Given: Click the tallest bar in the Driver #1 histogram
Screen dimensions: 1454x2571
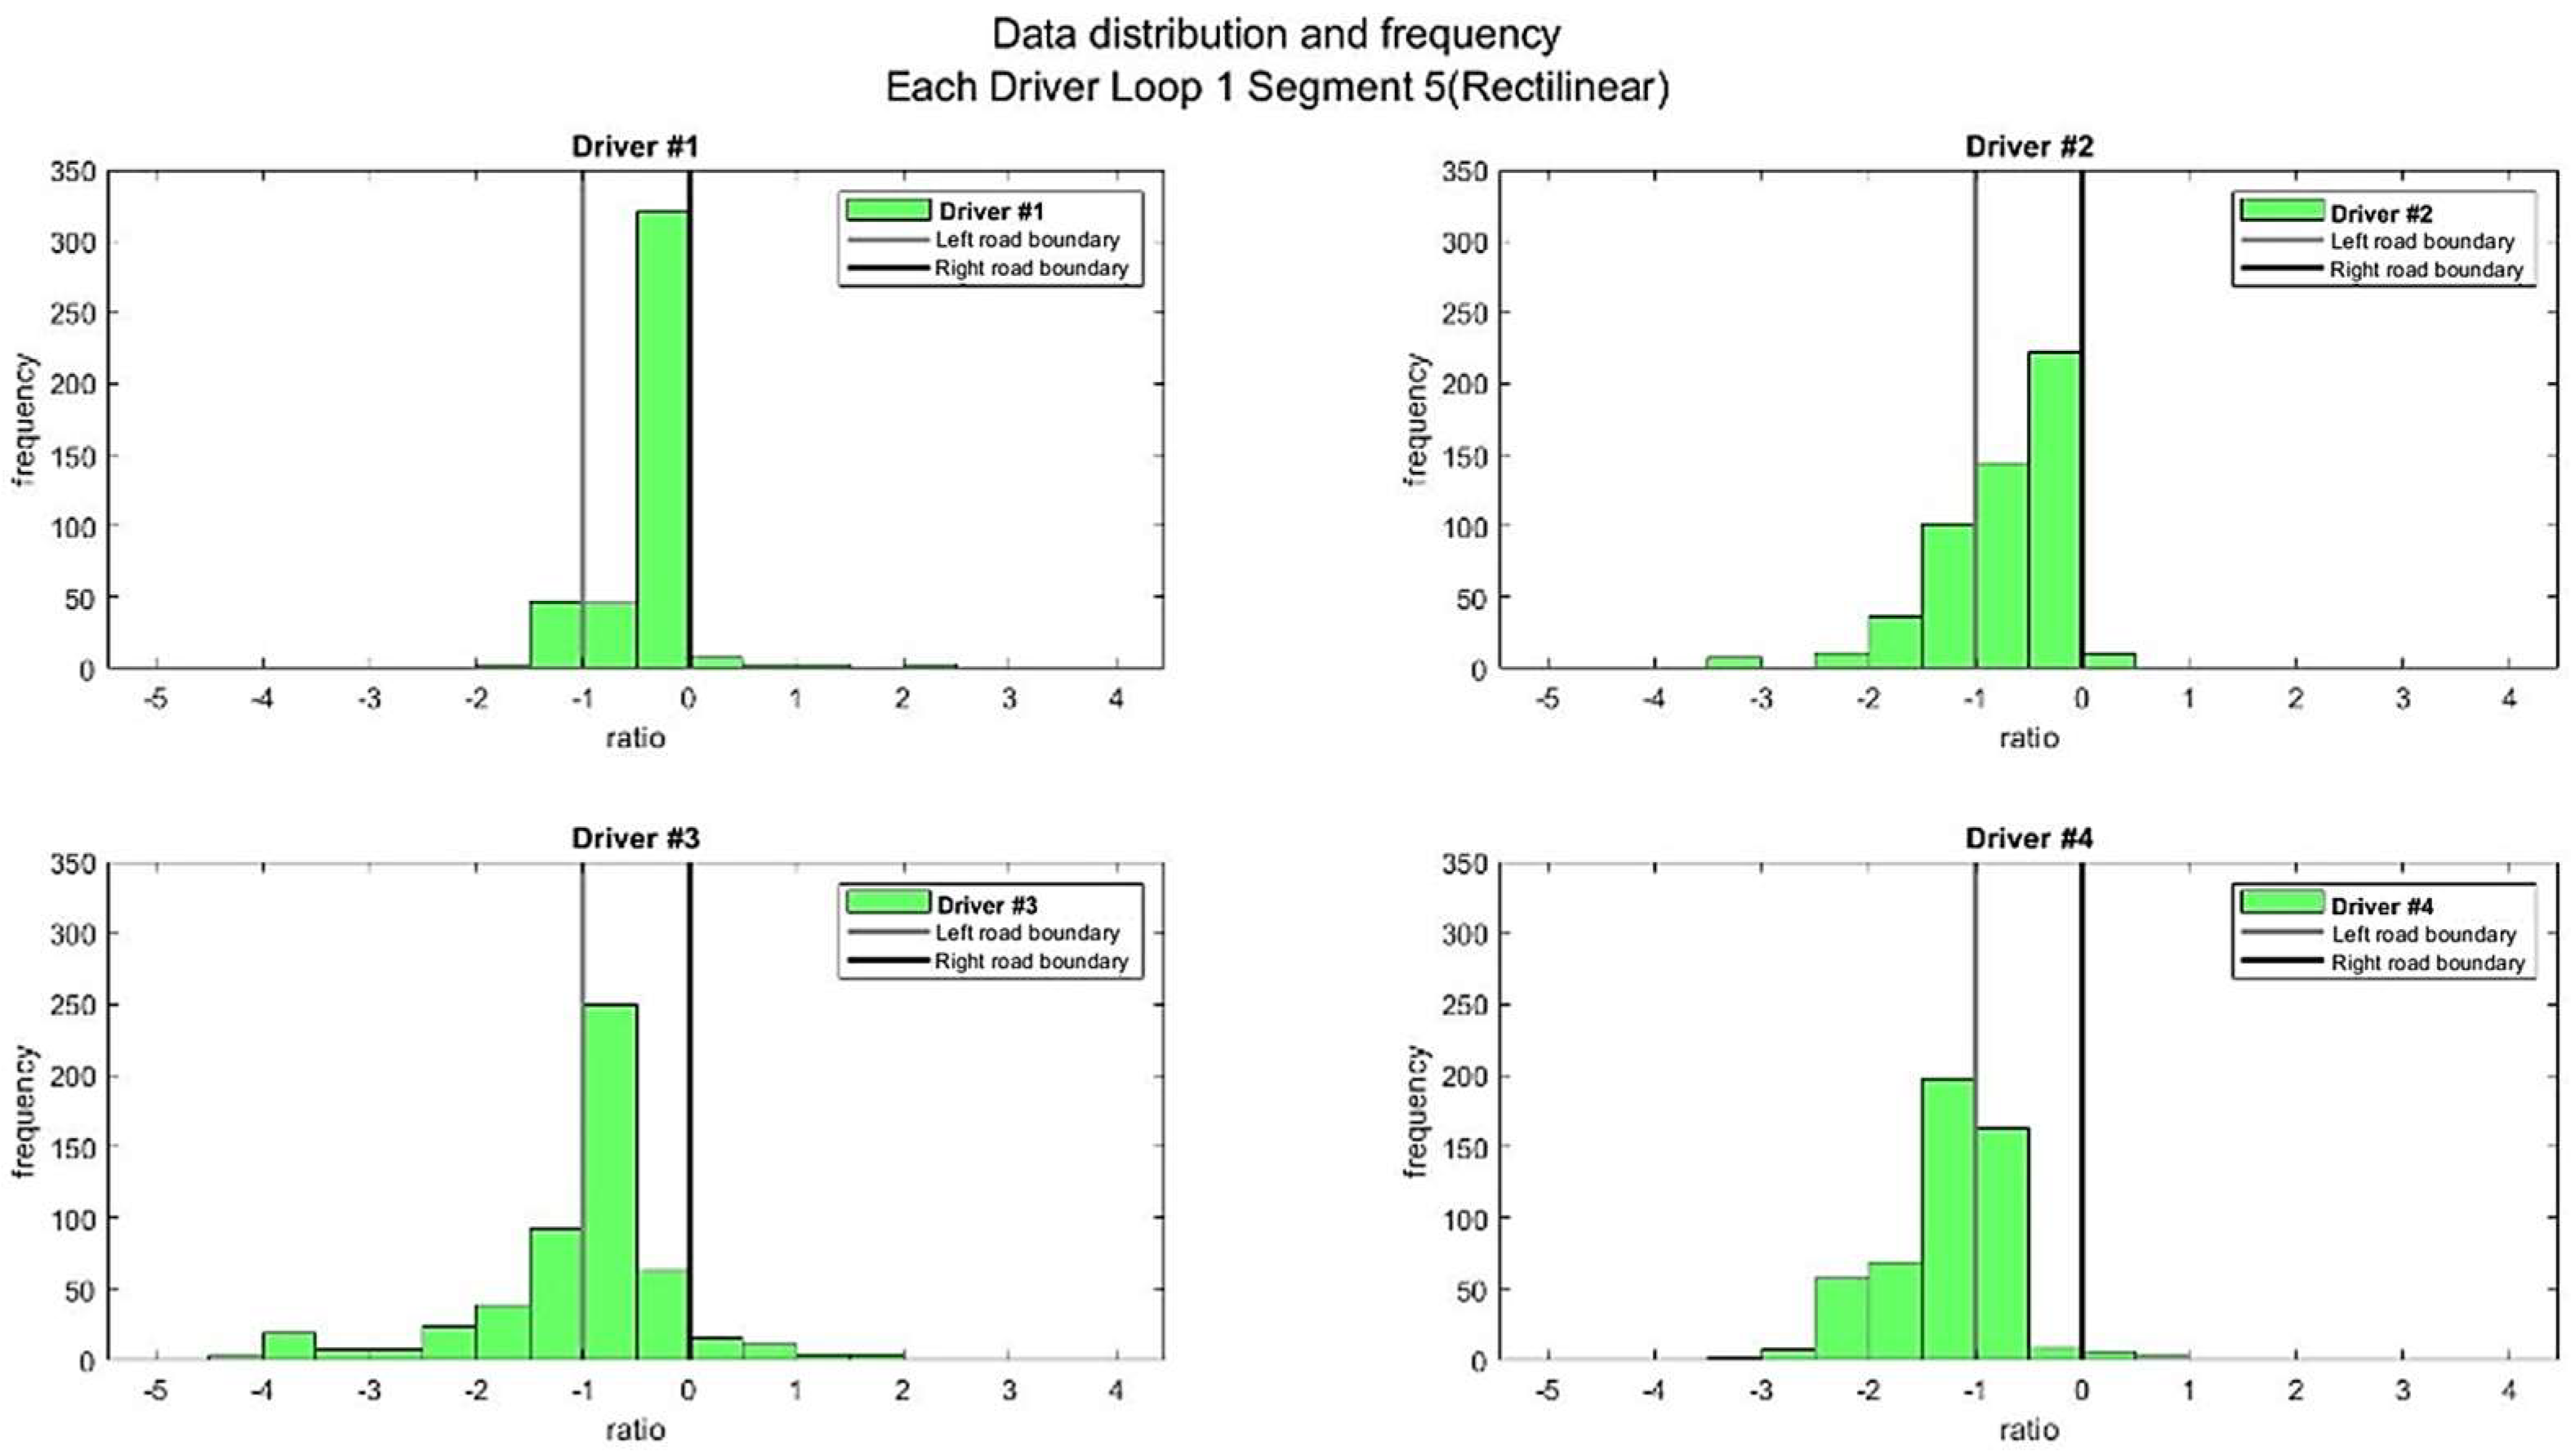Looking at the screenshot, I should click(x=662, y=439).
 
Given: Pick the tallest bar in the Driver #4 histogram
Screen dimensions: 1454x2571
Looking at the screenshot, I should click(x=1947, y=1218).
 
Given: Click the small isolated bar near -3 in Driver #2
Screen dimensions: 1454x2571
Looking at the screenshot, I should click(x=1733, y=662).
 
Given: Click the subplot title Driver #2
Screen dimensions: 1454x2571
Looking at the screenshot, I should click(x=2028, y=147).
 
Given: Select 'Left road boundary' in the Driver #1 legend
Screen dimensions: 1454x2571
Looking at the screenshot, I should click(x=1027, y=240).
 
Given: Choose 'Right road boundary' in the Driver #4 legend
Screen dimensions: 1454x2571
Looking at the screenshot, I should click(x=2427, y=963).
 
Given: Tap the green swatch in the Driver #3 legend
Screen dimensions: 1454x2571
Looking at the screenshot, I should click(x=888, y=903).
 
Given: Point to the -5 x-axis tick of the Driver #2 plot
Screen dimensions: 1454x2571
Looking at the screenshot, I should click(x=1547, y=698).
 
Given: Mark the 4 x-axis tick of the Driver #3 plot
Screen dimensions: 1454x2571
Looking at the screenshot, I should click(x=1116, y=1390).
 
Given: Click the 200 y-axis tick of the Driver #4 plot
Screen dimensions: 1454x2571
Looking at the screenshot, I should click(x=1465, y=1077).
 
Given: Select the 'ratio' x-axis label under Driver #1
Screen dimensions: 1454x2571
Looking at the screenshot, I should click(x=635, y=738).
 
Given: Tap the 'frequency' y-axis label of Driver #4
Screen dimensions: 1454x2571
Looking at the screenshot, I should click(x=1416, y=1111).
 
